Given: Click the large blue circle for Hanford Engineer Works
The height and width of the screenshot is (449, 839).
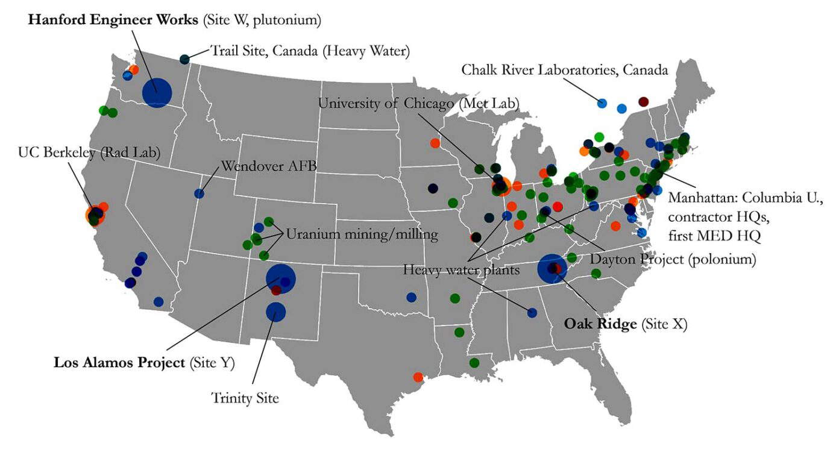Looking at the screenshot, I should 157,93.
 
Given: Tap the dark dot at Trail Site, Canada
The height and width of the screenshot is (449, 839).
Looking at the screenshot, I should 184,59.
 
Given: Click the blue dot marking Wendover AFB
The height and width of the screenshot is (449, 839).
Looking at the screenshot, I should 200,193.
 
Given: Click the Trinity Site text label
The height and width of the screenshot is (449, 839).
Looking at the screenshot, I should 245,398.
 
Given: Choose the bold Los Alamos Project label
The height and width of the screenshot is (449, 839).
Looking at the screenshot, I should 119,363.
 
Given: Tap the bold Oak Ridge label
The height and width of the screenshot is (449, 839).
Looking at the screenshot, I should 600,324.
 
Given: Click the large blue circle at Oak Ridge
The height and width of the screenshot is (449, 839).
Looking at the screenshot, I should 551,269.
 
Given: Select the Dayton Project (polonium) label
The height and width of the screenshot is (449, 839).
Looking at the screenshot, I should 673,259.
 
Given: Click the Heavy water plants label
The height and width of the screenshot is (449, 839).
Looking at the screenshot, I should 461,270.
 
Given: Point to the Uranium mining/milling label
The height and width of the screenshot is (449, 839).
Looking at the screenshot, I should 362,234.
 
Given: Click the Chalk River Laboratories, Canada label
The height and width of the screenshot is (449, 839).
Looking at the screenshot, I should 565,71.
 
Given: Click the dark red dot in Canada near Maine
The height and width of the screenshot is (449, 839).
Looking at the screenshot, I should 643,101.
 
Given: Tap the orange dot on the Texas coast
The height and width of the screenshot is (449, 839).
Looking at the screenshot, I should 418,377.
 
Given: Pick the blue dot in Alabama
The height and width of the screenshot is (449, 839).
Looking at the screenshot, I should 532,312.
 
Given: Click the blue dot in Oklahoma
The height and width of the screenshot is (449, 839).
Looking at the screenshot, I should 411,297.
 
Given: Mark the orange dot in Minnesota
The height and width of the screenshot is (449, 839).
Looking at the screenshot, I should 435,143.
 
